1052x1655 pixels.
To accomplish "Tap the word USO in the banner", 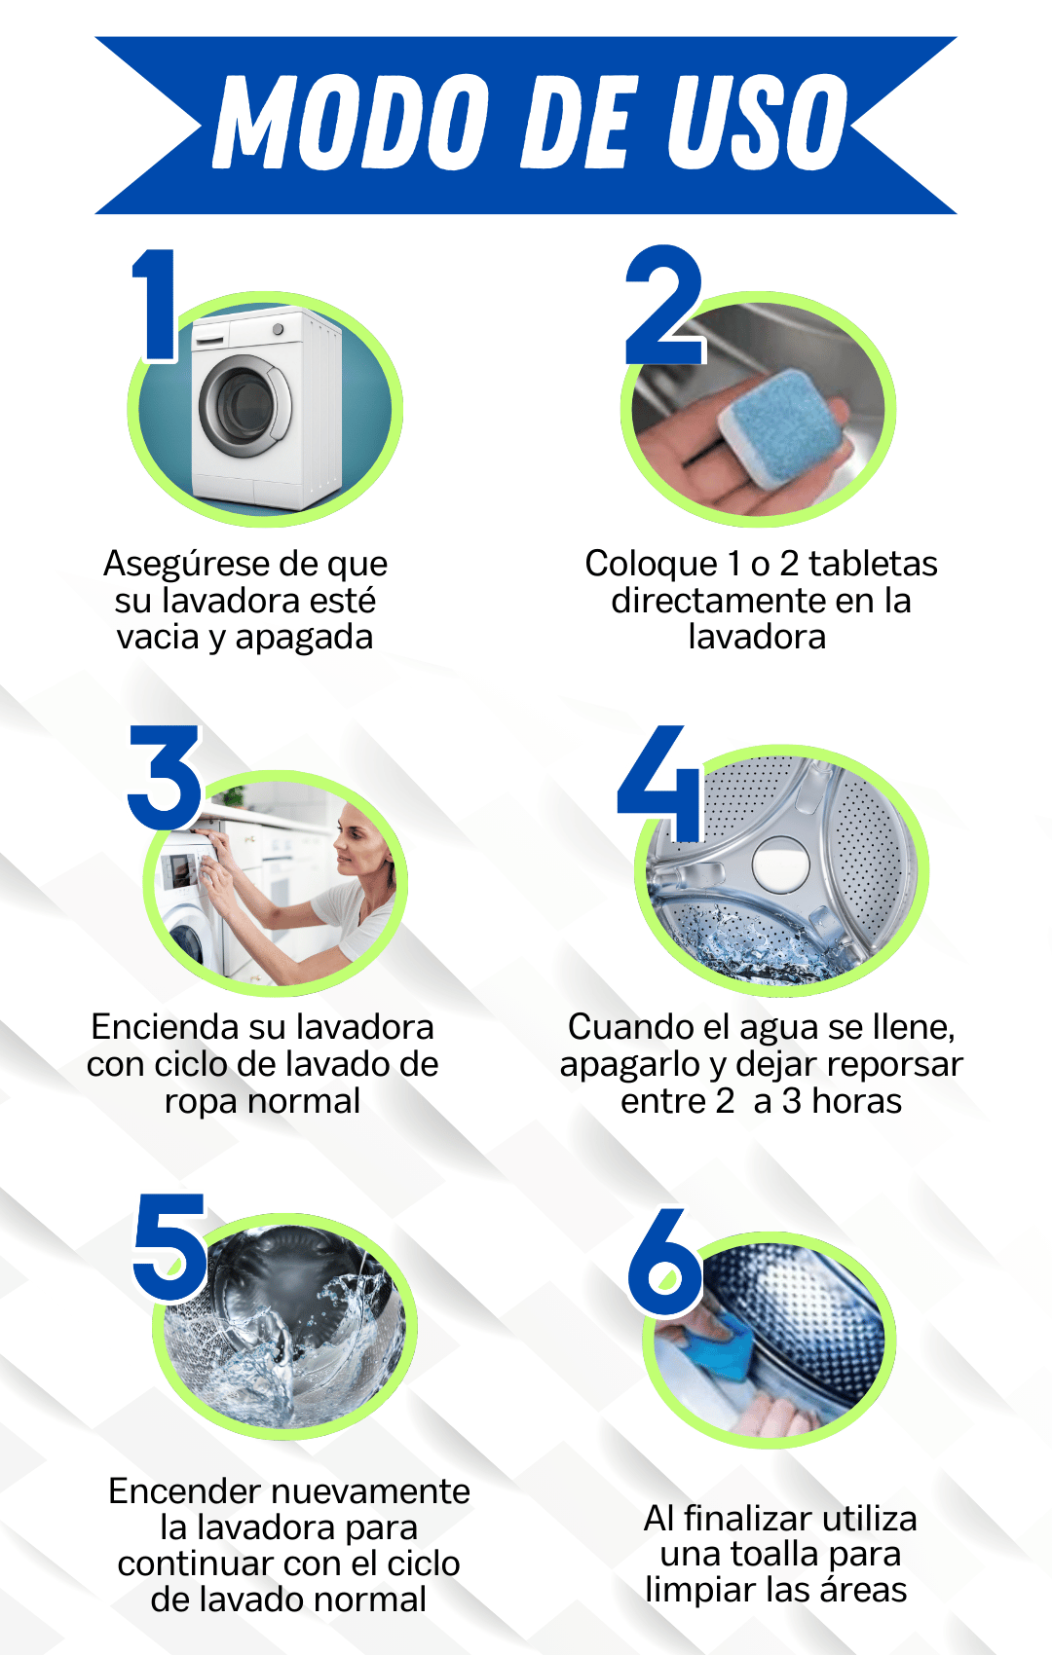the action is point(759,121).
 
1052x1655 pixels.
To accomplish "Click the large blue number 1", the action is point(155,305).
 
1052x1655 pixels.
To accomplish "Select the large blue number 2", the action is point(664,305).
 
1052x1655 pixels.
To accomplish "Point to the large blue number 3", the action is point(164,777).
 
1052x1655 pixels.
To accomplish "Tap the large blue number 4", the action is point(658,783).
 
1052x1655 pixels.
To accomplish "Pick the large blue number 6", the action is point(664,1262).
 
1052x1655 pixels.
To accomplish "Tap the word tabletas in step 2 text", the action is point(873,564).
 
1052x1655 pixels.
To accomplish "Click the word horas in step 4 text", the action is point(856,1101).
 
